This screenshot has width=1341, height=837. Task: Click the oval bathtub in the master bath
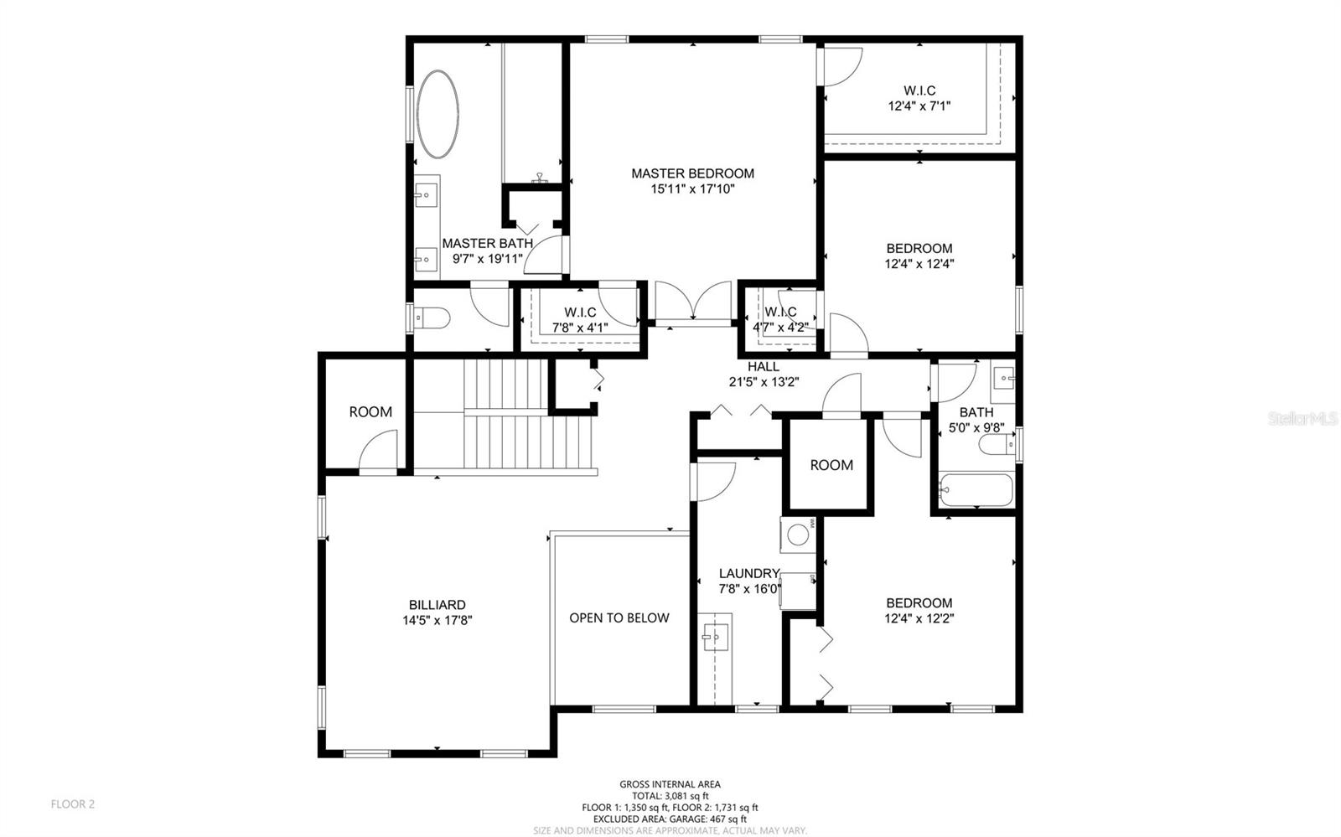pyautogui.click(x=438, y=115)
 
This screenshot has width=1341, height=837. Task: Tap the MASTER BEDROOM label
pyautogui.click(x=692, y=173)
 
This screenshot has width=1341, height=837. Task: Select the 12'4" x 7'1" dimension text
pyautogui.click(x=919, y=106)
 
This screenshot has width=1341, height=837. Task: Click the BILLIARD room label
pyautogui.click(x=437, y=605)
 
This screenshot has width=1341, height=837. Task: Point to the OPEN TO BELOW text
pyautogui.click(x=619, y=618)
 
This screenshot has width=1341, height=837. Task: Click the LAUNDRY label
pyautogui.click(x=748, y=574)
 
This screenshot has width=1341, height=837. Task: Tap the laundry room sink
pyautogui.click(x=715, y=636)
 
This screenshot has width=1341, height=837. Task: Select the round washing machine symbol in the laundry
pyautogui.click(x=797, y=534)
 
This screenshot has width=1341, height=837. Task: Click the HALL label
pyautogui.click(x=763, y=367)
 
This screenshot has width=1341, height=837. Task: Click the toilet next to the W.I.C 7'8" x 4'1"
pyautogui.click(x=432, y=318)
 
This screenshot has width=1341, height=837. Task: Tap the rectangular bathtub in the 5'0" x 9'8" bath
pyautogui.click(x=976, y=490)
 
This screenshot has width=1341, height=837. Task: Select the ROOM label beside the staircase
pyautogui.click(x=370, y=412)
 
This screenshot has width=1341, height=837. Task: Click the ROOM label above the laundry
pyautogui.click(x=831, y=466)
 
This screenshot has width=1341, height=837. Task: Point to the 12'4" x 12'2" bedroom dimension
pyautogui.click(x=919, y=619)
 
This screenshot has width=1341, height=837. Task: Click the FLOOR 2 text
pyautogui.click(x=73, y=804)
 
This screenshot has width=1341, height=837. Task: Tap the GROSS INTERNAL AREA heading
pyautogui.click(x=670, y=785)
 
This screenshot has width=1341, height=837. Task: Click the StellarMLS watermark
pyautogui.click(x=1303, y=418)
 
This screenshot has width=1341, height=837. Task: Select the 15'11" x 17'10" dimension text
pyautogui.click(x=692, y=189)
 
